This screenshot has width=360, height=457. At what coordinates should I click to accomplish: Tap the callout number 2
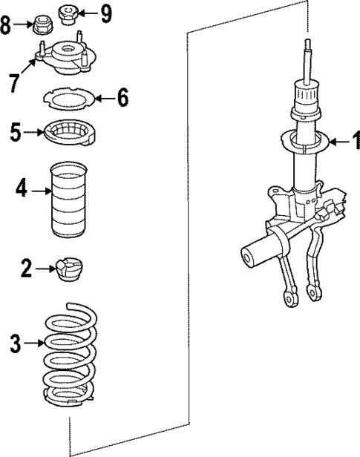coord(26,269)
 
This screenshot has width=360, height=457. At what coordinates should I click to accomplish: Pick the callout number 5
coord(16,134)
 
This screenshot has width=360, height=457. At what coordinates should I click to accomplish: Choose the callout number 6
coord(122,96)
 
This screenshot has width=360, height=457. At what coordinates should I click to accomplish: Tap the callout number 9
coord(105,13)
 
